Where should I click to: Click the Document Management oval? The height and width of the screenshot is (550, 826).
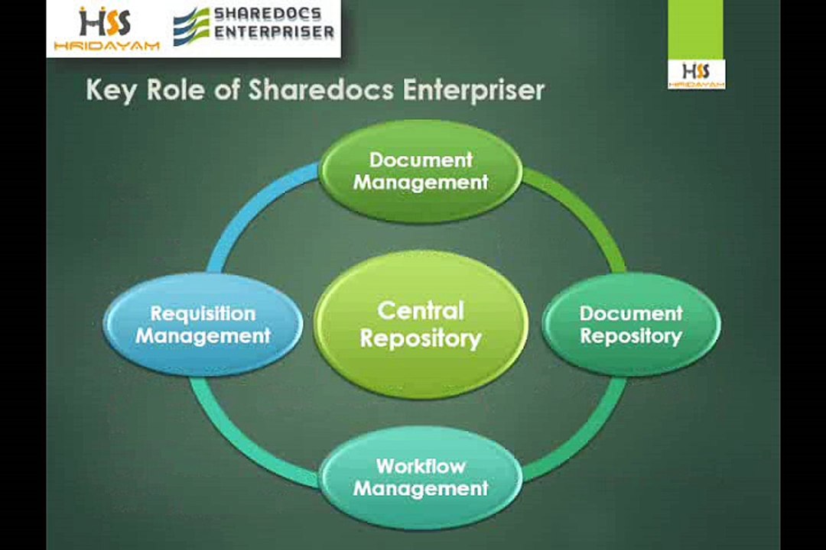(x=421, y=171)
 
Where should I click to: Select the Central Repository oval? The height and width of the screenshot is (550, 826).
(x=421, y=324)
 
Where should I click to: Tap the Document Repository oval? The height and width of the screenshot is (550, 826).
(x=631, y=324)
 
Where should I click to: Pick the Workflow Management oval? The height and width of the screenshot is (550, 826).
(x=421, y=477)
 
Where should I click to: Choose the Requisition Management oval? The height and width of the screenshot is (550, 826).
(x=203, y=324)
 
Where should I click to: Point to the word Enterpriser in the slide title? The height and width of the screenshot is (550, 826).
(x=473, y=90)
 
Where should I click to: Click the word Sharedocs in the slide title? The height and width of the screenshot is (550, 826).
(x=321, y=90)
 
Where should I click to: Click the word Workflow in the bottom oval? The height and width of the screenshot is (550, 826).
(x=421, y=465)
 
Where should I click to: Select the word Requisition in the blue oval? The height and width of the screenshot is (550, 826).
(x=203, y=313)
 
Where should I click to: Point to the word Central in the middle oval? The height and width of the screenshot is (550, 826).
(x=421, y=310)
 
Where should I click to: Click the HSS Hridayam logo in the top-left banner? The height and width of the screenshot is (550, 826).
(x=106, y=29)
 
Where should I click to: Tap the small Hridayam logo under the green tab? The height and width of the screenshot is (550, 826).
(x=696, y=74)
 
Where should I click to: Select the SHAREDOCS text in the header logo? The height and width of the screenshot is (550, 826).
(x=267, y=15)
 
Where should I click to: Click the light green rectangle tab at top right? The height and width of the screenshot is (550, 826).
(x=695, y=29)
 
